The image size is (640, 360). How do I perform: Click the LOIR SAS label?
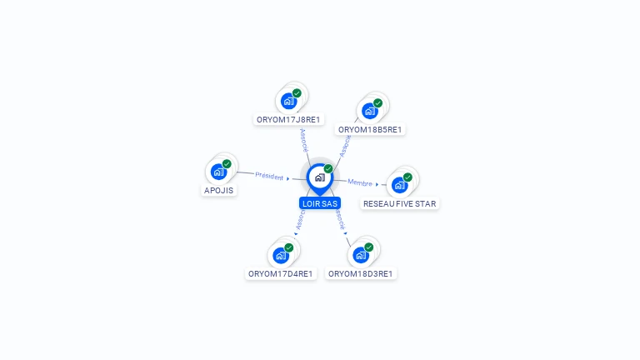coord(320,203)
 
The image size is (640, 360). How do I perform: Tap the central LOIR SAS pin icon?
coord(319,177)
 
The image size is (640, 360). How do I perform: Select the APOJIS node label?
coord(219,190)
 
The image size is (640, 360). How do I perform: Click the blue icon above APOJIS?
coord(218,172)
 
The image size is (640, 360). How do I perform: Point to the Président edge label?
coord(269,176)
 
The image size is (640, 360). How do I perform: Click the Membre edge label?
coord(360,182)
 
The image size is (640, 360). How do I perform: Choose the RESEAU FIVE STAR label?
coord(400,203)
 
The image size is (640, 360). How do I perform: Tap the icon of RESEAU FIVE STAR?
coord(399,185)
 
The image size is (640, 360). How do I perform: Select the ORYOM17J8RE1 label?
coord(288,119)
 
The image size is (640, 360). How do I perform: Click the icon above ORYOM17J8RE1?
coord(288,102)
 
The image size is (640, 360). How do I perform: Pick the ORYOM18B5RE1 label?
coord(370,129)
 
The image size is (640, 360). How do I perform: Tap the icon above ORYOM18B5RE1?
coord(369,112)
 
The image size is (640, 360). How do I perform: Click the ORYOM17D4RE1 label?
coord(281,273)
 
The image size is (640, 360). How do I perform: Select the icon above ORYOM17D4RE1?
coord(280,255)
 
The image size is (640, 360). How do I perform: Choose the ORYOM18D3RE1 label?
coord(361,273)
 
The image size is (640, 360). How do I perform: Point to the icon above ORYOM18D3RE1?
coord(360,255)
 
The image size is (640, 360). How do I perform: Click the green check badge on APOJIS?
coord(227,163)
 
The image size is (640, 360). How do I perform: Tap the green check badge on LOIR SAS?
coord(328,168)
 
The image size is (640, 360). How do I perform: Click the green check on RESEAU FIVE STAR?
coord(407,177)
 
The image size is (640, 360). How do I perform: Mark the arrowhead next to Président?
coord(288,178)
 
